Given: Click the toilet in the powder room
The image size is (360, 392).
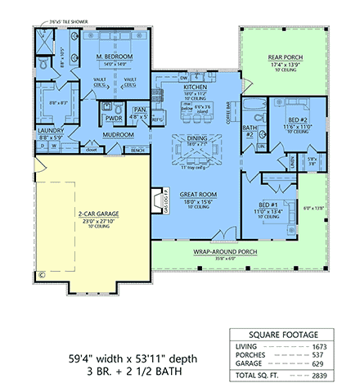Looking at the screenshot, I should [x=116, y=107].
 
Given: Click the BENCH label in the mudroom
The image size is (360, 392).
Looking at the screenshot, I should [x=137, y=151].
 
